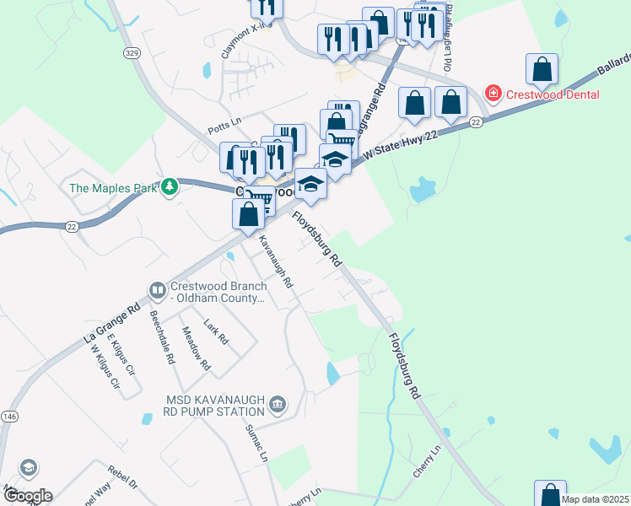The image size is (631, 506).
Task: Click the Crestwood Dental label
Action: click(553, 94)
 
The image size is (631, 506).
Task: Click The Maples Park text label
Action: click(113, 187)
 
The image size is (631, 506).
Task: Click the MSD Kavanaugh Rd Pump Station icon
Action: click(277, 406)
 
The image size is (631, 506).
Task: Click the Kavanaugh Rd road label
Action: click(276, 262)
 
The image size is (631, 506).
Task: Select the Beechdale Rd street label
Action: click(161, 336)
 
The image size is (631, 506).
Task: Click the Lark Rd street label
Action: click(216, 333)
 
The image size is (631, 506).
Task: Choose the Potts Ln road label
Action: click(224, 130)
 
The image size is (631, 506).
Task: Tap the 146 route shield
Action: click(9, 416)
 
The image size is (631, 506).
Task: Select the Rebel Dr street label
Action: click(121, 478)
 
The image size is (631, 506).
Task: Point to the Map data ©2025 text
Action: click(594, 499)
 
